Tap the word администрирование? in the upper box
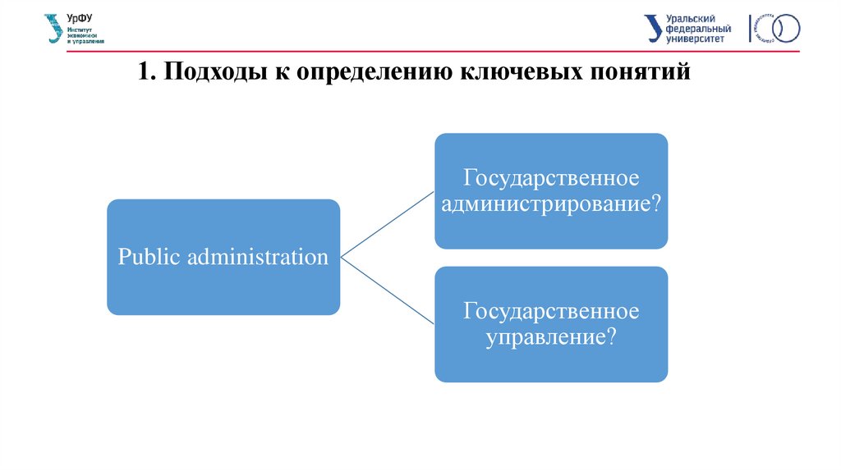tap(551, 203)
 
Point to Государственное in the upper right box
tap(551, 178)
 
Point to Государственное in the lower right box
tap(551, 312)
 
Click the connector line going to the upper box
tap(387, 225)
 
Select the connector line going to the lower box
tap(387, 289)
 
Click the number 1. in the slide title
tap(147, 73)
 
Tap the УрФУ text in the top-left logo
tap(80, 19)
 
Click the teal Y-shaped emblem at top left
tap(54, 29)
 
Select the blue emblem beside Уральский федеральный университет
tap(653, 28)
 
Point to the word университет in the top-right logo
tap(696, 38)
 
